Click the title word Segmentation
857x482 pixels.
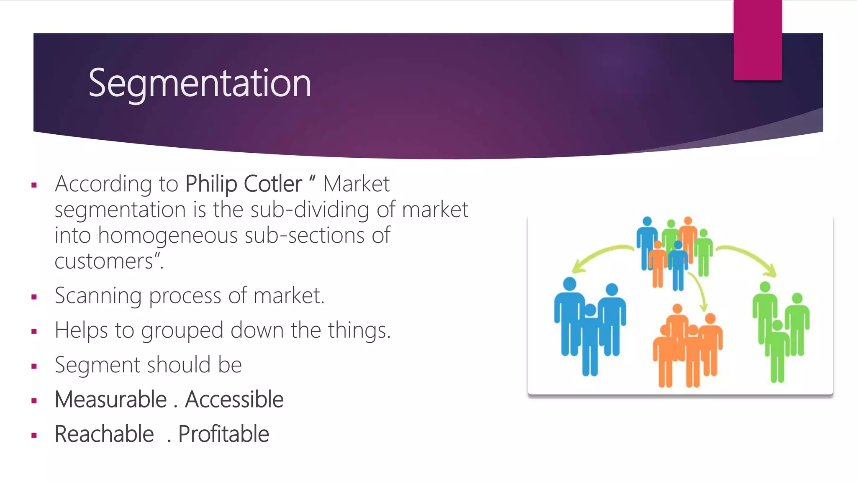[x=200, y=84]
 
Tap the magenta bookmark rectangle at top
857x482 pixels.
[x=757, y=40]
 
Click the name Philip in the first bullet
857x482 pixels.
[x=211, y=184]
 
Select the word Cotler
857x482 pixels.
[x=272, y=184]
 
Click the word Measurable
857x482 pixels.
[x=111, y=399]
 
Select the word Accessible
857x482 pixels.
[x=234, y=399]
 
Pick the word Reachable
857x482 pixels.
[x=104, y=434]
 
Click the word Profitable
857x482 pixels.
[x=223, y=434]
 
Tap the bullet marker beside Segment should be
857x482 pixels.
[x=34, y=366]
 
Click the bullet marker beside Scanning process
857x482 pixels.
[x=34, y=297]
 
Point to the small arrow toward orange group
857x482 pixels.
[x=699, y=291]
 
